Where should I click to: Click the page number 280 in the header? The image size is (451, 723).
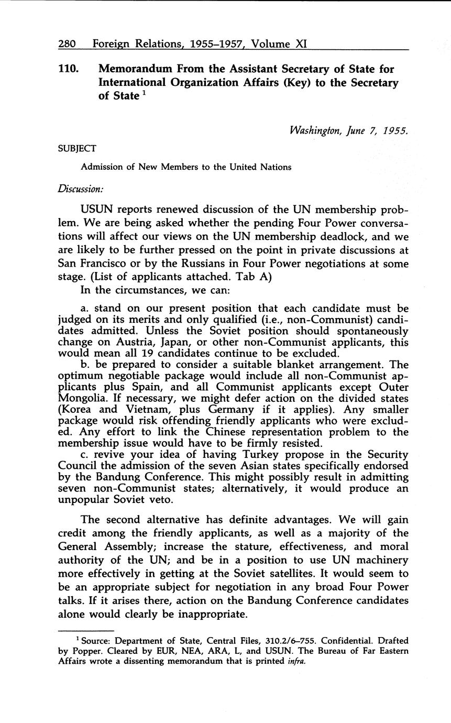click(x=68, y=44)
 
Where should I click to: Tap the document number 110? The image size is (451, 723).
click(x=69, y=69)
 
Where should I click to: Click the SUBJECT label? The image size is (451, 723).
click(x=76, y=148)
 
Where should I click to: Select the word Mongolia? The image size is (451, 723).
click(x=83, y=398)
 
